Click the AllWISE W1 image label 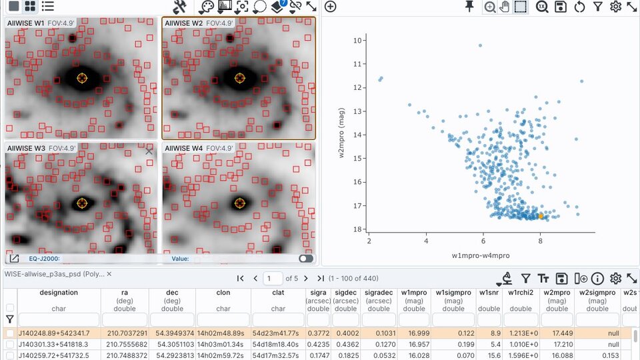(x=25, y=23)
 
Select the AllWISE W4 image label (x=183, y=148)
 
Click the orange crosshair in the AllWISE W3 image (x=82, y=203)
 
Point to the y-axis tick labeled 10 (x=357, y=41)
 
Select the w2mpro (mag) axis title (x=340, y=135)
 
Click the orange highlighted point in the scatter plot (x=541, y=215)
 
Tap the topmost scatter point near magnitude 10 (x=480, y=45)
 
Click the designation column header (x=59, y=293)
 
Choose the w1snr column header (x=489, y=293)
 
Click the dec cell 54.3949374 (x=171, y=333)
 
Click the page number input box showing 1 (x=273, y=278)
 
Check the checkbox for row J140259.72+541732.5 (x=10, y=356)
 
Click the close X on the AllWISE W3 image (x=149, y=151)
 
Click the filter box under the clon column (x=223, y=319)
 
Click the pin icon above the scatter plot (x=469, y=7)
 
